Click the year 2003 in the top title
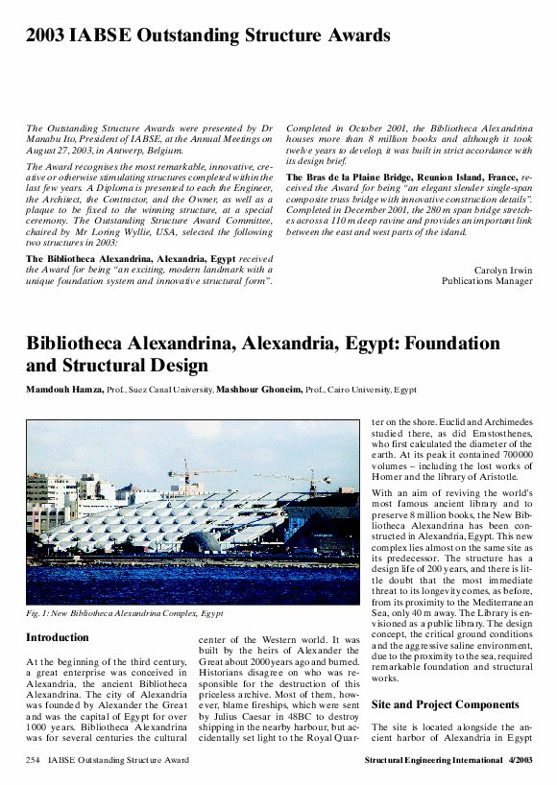coord(45,37)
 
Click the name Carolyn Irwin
coord(503,270)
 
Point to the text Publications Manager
coord(486,281)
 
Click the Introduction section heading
coord(58,637)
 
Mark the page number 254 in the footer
coord(34,760)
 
